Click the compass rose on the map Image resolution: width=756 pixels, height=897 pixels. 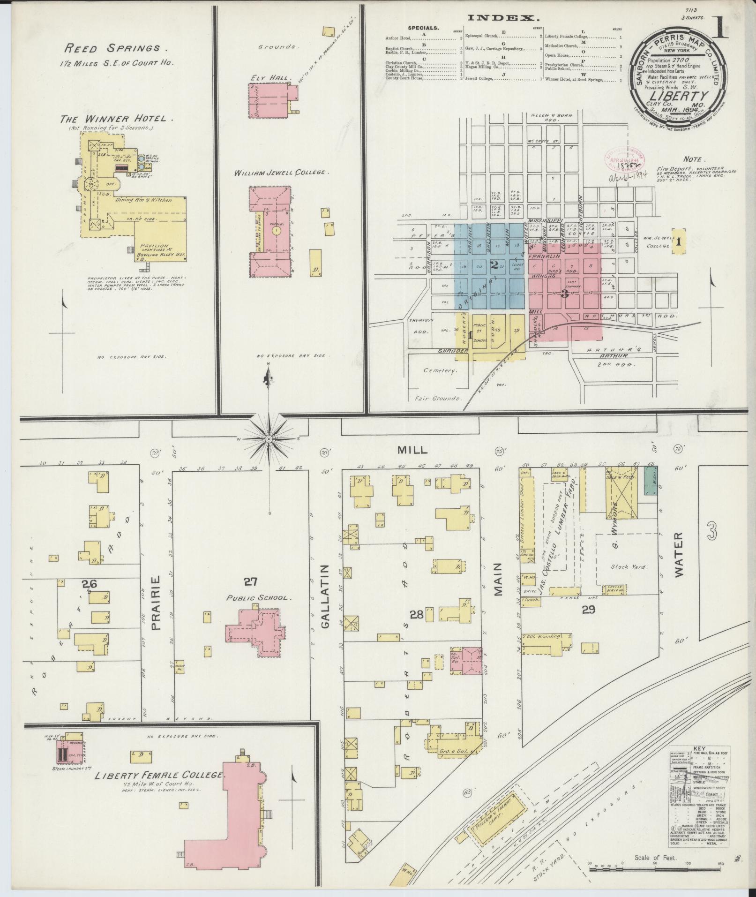click(x=269, y=438)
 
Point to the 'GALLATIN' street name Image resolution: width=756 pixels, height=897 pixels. click(x=326, y=596)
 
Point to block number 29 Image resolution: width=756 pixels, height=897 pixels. click(x=588, y=610)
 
